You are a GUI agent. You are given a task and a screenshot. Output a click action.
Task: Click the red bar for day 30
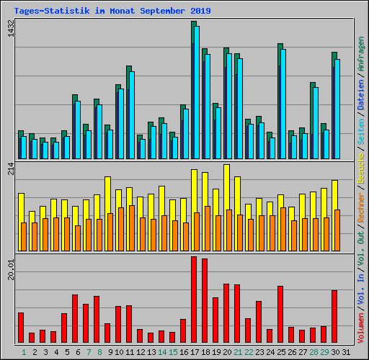pos(334,316)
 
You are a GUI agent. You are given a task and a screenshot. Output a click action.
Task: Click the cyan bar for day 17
pos(197,94)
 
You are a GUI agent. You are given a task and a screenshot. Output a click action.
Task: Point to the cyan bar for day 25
pos(283,104)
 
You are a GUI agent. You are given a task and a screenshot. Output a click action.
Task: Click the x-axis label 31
pos(346,353)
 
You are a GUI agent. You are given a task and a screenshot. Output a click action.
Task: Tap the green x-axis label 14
pos(162,353)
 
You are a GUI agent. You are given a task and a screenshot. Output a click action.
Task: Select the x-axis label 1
pos(24,353)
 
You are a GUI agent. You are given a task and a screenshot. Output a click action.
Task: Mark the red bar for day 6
pos(75,318)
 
